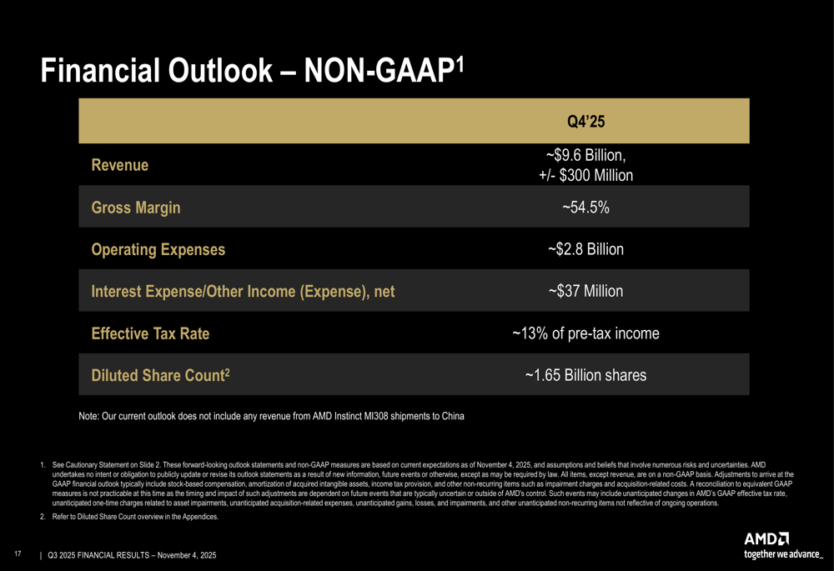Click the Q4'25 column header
(585, 122)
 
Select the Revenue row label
(120, 165)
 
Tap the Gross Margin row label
(135, 208)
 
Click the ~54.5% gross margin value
(585, 208)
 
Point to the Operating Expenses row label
(158, 249)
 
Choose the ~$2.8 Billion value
(585, 249)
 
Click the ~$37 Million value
(585, 291)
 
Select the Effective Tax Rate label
(150, 333)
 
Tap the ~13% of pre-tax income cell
(585, 333)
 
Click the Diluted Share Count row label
(160, 376)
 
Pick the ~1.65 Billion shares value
(585, 376)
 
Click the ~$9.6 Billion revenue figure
(585, 156)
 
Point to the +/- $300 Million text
(585, 175)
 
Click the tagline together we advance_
(782, 553)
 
